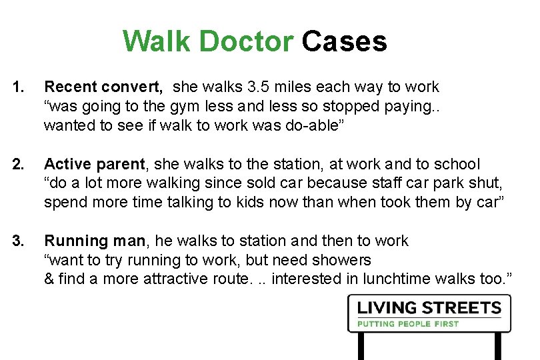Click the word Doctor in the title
(x=245, y=41)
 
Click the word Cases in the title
(x=344, y=41)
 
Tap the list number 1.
(x=21, y=87)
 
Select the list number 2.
(x=21, y=164)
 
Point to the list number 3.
(x=21, y=241)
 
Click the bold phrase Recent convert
(x=103, y=87)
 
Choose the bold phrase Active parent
(x=94, y=164)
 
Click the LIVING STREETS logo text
(x=429, y=309)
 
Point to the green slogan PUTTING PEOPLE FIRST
(x=408, y=324)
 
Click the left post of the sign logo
(x=362, y=345)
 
